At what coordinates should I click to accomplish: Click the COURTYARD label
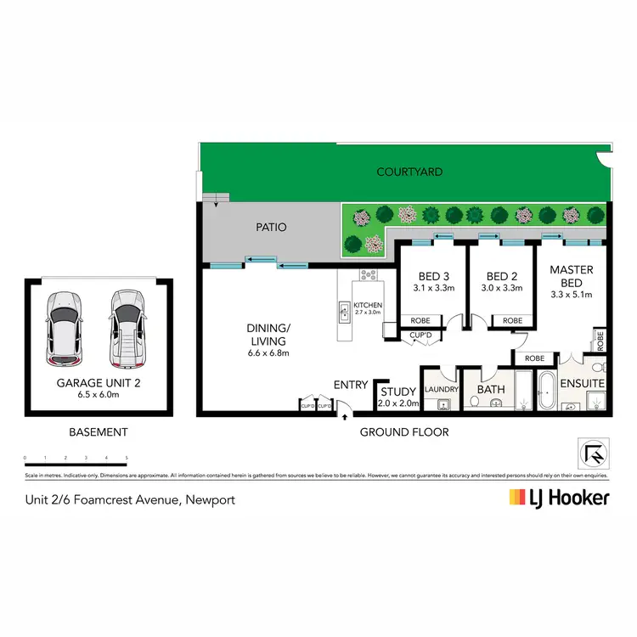tap(409, 172)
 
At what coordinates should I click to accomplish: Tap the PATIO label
tap(271, 228)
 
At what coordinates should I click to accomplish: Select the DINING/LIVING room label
tap(267, 333)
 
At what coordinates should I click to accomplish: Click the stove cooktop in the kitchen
tap(370, 275)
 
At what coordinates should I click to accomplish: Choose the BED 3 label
tap(432, 276)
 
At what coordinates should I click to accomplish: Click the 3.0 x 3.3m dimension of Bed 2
tap(501, 288)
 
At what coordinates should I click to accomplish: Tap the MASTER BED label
tap(572, 276)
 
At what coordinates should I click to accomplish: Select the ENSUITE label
tap(581, 384)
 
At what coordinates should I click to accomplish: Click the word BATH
tap(490, 390)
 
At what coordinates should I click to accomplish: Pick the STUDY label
tap(397, 392)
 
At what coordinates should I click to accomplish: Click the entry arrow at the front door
tap(345, 415)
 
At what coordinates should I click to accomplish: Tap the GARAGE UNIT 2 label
tap(99, 383)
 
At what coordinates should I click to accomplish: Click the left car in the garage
tap(65, 326)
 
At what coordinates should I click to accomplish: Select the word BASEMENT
tap(98, 432)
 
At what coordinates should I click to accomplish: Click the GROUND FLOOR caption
tap(404, 432)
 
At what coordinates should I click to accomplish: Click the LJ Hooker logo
tap(558, 498)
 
